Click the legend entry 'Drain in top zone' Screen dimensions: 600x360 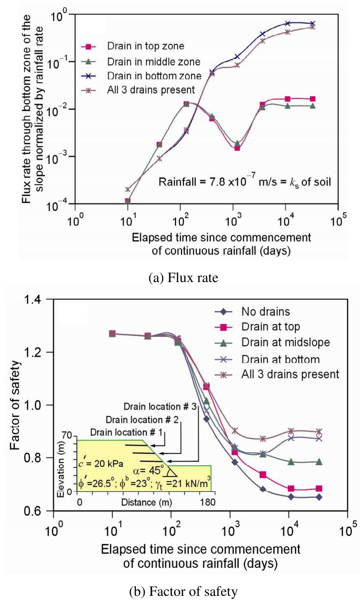tap(145, 46)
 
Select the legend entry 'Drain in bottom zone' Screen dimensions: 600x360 tap(154, 76)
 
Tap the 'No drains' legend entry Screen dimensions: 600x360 tap(266, 312)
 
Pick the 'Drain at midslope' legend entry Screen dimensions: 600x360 tap(285, 342)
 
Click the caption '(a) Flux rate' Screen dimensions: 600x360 tap(183, 278)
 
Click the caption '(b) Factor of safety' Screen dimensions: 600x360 tap(183, 591)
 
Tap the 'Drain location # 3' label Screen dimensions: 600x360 tap(160, 407)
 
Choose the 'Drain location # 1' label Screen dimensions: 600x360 tap(126, 432)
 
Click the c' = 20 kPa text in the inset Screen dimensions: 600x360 tap(101, 463)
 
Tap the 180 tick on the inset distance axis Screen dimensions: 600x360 tap(207, 502)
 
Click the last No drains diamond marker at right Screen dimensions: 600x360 tap(319, 497)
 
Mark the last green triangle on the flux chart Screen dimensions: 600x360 tap(312, 106)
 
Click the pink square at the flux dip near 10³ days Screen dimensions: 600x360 tap(237, 148)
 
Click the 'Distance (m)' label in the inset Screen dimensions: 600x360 tap(146, 502)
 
